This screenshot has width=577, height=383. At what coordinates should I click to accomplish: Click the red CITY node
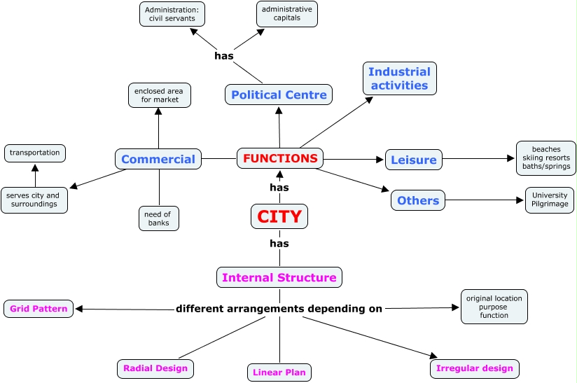pos(279,217)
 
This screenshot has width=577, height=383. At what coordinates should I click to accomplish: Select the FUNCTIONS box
pos(280,159)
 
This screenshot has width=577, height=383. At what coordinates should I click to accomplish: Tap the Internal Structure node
pos(279,278)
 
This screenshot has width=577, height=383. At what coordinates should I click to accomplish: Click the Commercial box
pos(158,159)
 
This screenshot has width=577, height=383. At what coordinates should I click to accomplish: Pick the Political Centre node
pos(279,95)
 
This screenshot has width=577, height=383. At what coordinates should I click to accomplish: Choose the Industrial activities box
pos(399,78)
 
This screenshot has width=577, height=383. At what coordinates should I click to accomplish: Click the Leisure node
pos(413,160)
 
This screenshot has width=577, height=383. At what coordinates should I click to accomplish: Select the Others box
pos(418,200)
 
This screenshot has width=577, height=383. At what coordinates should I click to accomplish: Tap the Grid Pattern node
pos(39,309)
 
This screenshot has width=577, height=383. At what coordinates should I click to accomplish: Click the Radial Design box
pos(155,368)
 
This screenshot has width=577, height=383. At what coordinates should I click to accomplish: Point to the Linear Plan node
pos(279,372)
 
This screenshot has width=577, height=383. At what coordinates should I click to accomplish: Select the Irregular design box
pos(474,368)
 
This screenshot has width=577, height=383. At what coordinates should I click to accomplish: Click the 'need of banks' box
pos(159,219)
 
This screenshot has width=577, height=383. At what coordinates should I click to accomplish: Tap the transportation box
pos(35,153)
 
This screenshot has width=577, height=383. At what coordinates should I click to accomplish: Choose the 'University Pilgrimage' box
pos(549,200)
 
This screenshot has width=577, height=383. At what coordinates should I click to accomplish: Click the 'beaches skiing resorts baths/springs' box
pos(545,158)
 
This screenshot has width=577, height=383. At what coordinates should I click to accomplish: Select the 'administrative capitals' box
pos(286,13)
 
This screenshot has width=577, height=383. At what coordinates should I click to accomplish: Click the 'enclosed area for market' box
pos(160,95)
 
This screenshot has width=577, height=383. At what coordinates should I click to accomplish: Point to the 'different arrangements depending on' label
pos(279,309)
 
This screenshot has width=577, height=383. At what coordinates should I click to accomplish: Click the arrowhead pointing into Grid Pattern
pos(78,309)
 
